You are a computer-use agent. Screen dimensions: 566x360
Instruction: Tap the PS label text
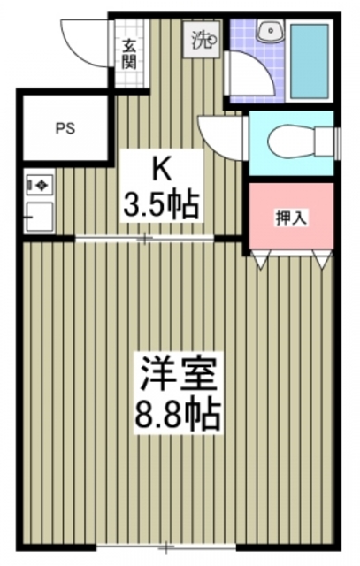[65, 127]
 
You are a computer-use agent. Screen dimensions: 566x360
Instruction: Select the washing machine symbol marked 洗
[203, 39]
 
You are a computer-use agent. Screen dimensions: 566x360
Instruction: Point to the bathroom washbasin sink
[268, 33]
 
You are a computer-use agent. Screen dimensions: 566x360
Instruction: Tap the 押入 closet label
[291, 218]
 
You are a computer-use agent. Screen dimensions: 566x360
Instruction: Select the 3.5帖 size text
[160, 206]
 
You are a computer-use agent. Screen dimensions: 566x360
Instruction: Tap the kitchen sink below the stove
[40, 214]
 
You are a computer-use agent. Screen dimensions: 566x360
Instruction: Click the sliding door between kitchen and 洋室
[146, 238]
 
